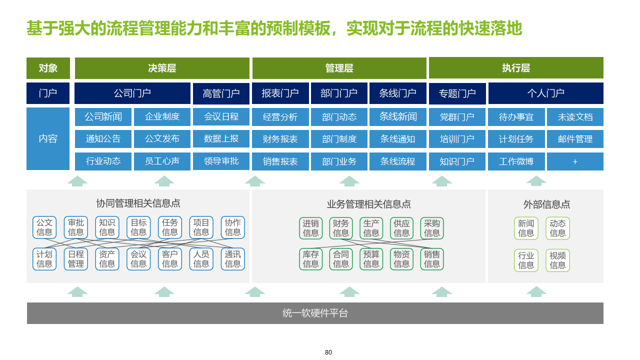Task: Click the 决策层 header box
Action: click(x=162, y=68)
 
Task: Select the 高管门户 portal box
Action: click(x=221, y=93)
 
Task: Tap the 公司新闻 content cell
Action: click(x=103, y=117)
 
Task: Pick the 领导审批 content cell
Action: click(x=221, y=161)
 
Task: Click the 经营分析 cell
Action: click(x=280, y=117)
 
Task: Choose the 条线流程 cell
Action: click(x=398, y=161)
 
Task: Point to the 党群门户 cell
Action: click(x=457, y=117)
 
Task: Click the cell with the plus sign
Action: click(x=575, y=161)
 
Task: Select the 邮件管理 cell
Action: click(x=575, y=139)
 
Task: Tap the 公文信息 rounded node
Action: click(x=44, y=227)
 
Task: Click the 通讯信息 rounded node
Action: click(x=232, y=259)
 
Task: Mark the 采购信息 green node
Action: click(x=432, y=228)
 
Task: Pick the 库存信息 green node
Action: click(x=311, y=259)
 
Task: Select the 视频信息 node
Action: click(x=557, y=260)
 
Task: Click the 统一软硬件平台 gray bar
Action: click(x=315, y=313)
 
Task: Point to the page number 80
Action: click(x=328, y=352)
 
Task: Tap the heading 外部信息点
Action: click(x=546, y=204)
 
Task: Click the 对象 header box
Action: click(x=48, y=68)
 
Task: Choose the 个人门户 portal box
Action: click(x=545, y=93)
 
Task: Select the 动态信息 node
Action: click(x=557, y=228)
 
